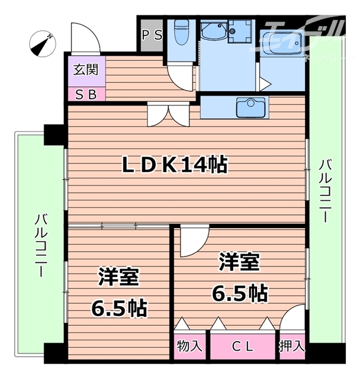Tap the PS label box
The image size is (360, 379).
(x=152, y=34)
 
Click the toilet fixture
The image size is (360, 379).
(x=181, y=33)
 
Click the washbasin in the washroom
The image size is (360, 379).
(x=239, y=30)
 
